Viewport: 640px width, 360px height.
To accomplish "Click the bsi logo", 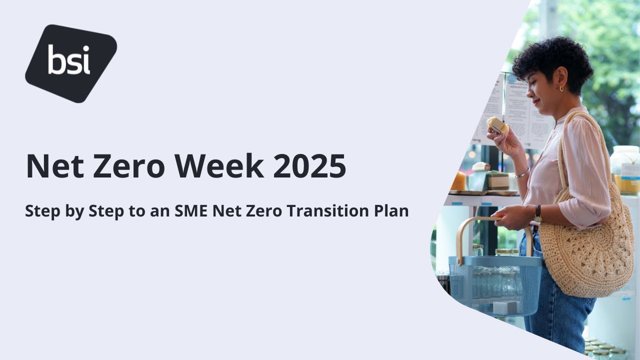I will pos(70,63).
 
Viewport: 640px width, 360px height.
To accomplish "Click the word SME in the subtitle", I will pos(191,211).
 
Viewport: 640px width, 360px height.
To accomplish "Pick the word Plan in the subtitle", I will pos(391,211).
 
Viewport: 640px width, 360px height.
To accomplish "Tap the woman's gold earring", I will pos(561,88).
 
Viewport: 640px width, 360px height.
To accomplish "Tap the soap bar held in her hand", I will pos(497,125).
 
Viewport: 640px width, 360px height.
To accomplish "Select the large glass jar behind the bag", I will pos(625,170).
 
